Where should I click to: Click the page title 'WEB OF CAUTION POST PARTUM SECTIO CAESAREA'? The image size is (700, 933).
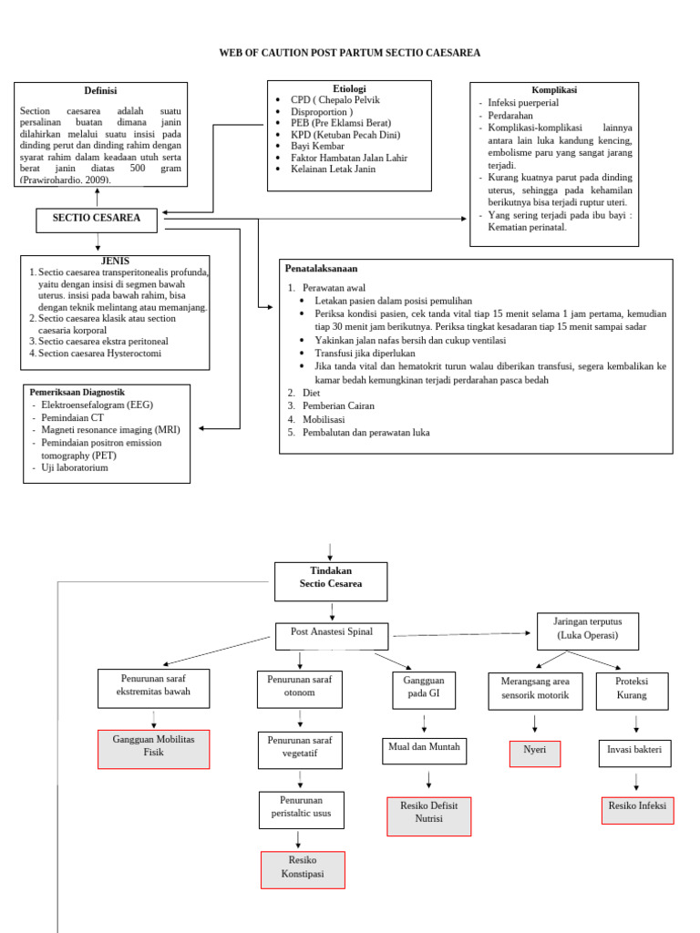(x=349, y=53)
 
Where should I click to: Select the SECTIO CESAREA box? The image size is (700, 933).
(x=96, y=220)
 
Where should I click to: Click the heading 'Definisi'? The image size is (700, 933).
(x=100, y=90)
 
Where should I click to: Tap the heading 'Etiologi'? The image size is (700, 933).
(x=349, y=88)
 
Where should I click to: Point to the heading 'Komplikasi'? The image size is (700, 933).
(x=554, y=90)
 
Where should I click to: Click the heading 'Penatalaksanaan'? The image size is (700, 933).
(x=322, y=269)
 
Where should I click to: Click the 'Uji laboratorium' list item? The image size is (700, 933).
(x=75, y=467)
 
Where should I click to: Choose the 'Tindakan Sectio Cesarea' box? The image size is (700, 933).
(x=331, y=580)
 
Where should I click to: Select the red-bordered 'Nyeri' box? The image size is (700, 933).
(x=534, y=754)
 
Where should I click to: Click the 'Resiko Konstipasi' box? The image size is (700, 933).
(x=303, y=869)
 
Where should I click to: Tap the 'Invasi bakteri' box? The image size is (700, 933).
(x=635, y=754)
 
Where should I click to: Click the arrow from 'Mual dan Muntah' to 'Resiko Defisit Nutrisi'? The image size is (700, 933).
(x=428, y=780)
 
